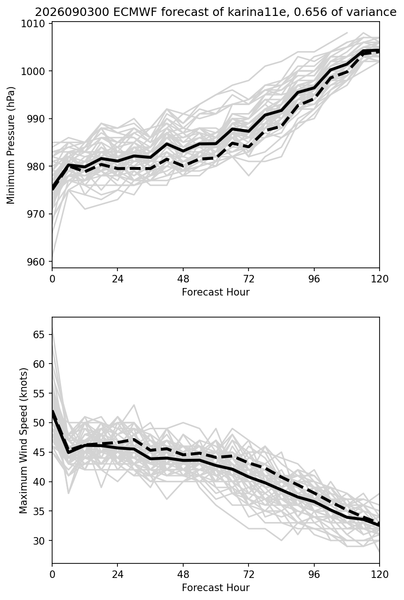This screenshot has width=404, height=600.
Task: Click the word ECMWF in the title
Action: [x=135, y=12]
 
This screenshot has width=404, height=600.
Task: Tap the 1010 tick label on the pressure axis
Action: [x=33, y=23]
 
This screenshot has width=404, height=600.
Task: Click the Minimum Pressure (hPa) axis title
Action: [x=11, y=145]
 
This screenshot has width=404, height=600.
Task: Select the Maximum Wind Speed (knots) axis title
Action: [x=23, y=441]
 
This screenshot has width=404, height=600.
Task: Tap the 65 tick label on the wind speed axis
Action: [x=39, y=334]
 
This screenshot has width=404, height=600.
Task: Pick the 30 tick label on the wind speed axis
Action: [x=39, y=540]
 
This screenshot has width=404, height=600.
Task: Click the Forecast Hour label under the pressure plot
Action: [x=216, y=292]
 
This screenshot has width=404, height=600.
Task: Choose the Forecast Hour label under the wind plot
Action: [x=216, y=588]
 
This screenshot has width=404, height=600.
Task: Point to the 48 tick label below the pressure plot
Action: [x=183, y=279]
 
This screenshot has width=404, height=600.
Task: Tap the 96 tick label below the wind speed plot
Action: [x=314, y=575]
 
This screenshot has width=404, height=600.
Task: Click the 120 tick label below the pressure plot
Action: [x=379, y=279]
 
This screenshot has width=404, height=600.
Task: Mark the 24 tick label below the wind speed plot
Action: [x=117, y=575]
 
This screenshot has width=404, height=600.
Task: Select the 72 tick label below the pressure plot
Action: [x=249, y=279]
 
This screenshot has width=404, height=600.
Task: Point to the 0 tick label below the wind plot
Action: [x=52, y=575]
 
